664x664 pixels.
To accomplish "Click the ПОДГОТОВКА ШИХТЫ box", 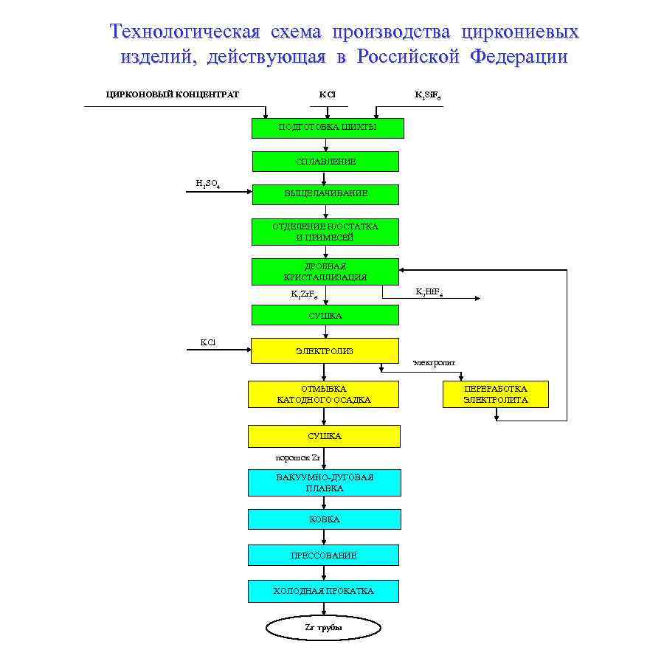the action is point(328,128).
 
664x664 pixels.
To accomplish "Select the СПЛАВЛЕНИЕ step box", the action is point(325,161).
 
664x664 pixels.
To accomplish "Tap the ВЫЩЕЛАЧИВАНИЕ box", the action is point(325,194).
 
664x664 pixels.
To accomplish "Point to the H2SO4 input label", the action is point(207,184).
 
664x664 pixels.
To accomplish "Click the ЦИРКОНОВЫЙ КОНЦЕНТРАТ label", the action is point(173,94).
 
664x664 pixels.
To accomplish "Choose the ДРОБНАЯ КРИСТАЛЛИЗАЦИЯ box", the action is point(325,272).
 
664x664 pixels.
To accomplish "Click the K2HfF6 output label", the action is point(429,292).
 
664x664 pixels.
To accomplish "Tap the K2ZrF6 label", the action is point(305,294).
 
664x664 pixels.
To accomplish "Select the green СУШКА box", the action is point(325,315).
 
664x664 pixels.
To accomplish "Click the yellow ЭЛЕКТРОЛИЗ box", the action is point(325,350).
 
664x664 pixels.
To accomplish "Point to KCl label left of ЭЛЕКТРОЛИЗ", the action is point(208,342).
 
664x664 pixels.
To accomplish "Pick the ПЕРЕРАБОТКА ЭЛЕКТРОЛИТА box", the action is point(495,394).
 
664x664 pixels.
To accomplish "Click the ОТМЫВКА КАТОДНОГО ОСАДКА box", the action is point(323,394).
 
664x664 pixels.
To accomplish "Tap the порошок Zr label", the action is point(297,457).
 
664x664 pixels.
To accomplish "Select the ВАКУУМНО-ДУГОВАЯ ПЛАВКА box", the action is point(325,483).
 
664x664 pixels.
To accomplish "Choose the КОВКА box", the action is point(325,519).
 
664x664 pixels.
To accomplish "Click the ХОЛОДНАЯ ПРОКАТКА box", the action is point(323,591).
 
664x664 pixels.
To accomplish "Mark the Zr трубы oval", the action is point(323,628).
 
